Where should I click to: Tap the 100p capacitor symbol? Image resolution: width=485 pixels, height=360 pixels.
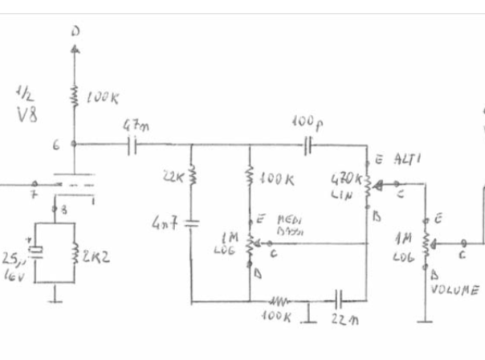[x=308, y=145]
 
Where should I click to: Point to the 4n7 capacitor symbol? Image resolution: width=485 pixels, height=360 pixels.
[x=192, y=222]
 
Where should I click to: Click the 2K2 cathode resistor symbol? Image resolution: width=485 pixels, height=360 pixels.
[x=75, y=257]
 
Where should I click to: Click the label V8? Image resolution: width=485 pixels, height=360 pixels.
[x=26, y=113]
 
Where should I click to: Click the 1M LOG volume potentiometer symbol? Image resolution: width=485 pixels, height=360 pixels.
[x=426, y=242]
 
